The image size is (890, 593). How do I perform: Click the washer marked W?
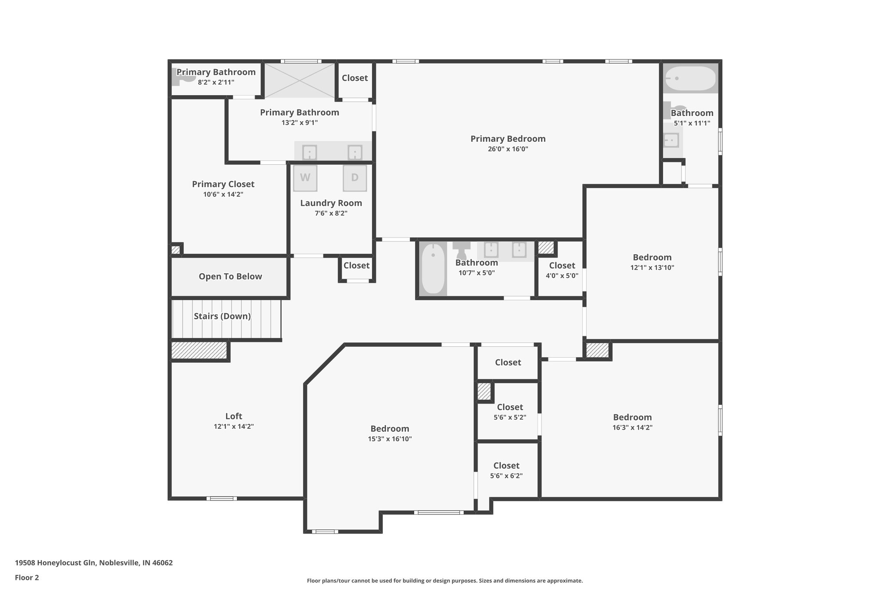tap(305, 178)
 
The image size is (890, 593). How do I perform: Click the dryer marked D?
tap(355, 178)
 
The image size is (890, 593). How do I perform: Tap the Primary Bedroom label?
tap(508, 139)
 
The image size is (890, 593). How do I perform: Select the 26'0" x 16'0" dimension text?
tap(508, 149)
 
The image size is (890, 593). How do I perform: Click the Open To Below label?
tap(230, 276)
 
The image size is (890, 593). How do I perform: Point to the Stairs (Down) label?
tap(222, 316)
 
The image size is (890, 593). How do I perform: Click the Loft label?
tap(234, 416)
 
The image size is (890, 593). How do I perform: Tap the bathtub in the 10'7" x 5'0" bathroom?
tap(433, 268)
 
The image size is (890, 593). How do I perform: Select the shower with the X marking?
tap(300, 80)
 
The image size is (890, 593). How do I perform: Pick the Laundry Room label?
tap(331, 203)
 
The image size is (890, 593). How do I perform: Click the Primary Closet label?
tap(223, 184)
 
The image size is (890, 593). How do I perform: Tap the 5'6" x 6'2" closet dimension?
tap(506, 476)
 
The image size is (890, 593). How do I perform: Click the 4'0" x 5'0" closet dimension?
tap(562, 275)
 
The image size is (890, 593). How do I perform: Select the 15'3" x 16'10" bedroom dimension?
tap(390, 439)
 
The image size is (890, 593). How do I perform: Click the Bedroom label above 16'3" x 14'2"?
tap(632, 417)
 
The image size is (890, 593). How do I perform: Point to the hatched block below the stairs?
tap(199, 351)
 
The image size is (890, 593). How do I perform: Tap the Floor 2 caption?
tap(27, 577)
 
